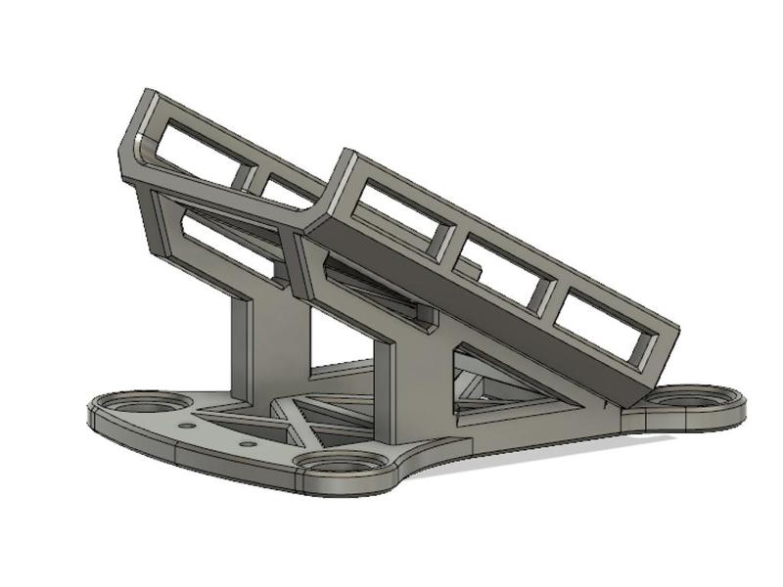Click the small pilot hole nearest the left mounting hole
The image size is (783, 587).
coord(185,427)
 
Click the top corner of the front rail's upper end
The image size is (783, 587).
coord(343,152)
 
